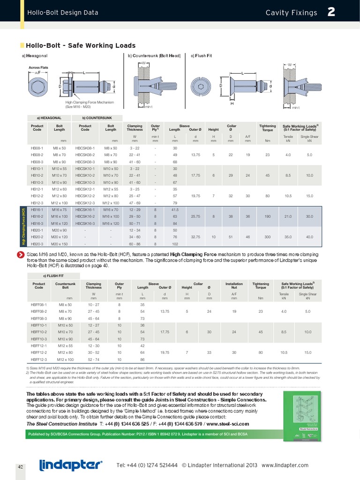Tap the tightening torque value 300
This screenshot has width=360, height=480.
click(268, 237)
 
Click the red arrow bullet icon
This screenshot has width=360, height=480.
click(21, 255)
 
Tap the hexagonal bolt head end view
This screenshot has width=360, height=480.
click(38, 87)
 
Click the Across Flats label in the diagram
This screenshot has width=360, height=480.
click(38, 67)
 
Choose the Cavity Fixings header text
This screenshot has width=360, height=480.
click(291, 13)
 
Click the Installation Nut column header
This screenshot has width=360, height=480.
click(234, 285)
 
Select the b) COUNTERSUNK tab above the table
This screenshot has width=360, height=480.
click(96, 117)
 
